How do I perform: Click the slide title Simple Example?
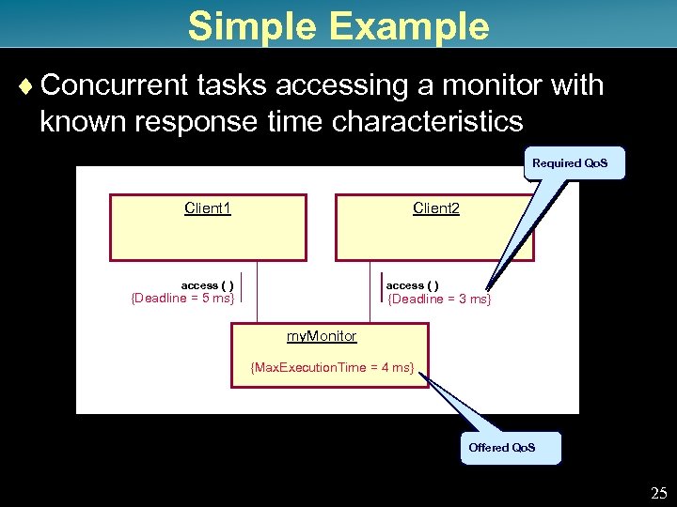[x=338, y=25]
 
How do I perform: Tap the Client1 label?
[x=208, y=207]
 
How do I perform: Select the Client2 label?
[x=436, y=207]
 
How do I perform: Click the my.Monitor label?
[x=322, y=336]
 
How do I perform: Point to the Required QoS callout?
[x=570, y=163]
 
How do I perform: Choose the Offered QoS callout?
[x=502, y=448]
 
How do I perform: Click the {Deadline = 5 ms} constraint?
[x=181, y=299]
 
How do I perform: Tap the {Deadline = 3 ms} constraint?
[x=439, y=300]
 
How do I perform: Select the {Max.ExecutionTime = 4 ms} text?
[x=332, y=367]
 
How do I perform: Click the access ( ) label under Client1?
[x=207, y=285]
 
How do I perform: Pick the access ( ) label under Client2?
[x=412, y=285]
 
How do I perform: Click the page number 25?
[x=658, y=492]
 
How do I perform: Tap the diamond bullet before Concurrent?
[x=25, y=86]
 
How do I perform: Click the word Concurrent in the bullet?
[x=115, y=86]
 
